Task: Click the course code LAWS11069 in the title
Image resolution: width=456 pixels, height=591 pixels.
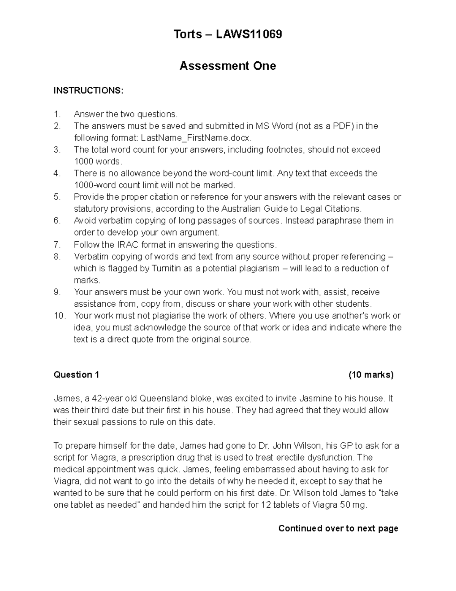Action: pyautogui.click(x=249, y=35)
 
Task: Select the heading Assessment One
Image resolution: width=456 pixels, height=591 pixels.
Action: pyautogui.click(x=228, y=66)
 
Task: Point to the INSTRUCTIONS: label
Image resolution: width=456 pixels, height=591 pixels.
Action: pyautogui.click(x=88, y=91)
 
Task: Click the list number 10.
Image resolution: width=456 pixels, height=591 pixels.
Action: pyautogui.click(x=59, y=316)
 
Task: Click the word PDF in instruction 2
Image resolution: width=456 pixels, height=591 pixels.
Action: pyautogui.click(x=340, y=126)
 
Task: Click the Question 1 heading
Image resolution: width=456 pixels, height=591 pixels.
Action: pyautogui.click(x=76, y=375)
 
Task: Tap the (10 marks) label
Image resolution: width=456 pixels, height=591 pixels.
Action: pyautogui.click(x=371, y=375)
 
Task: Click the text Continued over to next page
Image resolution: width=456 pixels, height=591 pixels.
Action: pyautogui.click(x=338, y=528)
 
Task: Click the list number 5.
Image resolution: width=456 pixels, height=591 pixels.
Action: pyautogui.click(x=57, y=197)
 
